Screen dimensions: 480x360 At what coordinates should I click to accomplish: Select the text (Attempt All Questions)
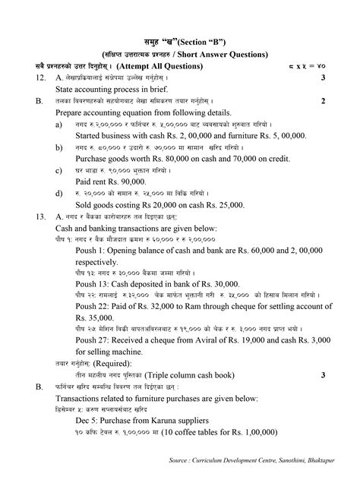[169, 66]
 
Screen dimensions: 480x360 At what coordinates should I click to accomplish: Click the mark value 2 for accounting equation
[323, 100]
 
